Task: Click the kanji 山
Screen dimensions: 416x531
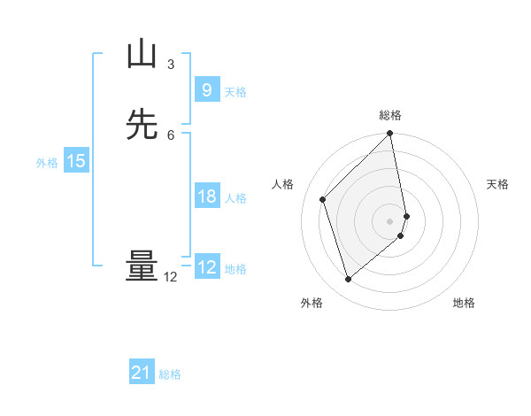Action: [x=142, y=54]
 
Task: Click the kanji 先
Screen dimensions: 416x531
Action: [x=142, y=125]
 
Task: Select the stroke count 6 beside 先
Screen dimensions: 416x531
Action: [x=171, y=135]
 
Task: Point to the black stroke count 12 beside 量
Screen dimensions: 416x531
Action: [x=171, y=276]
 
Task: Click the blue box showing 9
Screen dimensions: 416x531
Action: [x=206, y=90]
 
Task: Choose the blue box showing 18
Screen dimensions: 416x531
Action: [x=206, y=196]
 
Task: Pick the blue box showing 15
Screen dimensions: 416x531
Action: [x=76, y=161]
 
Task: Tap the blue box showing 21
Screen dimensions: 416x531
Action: [x=142, y=374]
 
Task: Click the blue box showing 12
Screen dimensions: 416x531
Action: [x=206, y=267]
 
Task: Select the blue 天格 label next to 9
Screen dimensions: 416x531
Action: [x=235, y=92]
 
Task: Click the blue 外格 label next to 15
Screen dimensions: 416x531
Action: [x=47, y=163]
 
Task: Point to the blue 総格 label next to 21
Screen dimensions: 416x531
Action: [x=170, y=375]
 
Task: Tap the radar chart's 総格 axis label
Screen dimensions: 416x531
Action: [x=390, y=115]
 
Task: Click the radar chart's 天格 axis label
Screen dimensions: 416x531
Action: [x=497, y=184]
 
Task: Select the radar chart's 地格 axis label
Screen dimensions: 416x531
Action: [x=464, y=303]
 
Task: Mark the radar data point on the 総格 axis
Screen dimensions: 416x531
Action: [x=390, y=135]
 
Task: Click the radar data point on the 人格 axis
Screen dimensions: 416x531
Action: [x=323, y=199]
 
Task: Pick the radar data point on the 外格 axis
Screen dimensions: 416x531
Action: [x=349, y=280]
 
